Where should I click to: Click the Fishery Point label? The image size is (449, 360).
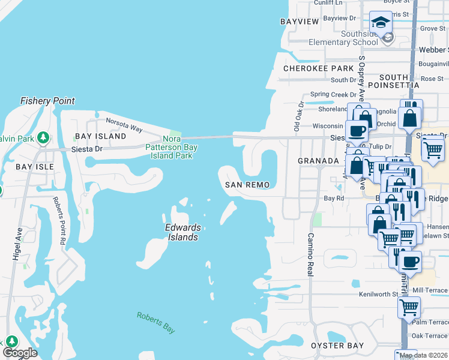pos(47,101)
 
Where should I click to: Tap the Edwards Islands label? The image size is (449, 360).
pos(182,232)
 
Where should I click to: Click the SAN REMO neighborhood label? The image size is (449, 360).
pos(247,185)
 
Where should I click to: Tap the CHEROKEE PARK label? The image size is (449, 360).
pos(318,68)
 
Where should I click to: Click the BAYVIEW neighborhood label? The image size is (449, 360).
pos(300,22)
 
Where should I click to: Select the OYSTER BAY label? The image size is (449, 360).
pos(337,346)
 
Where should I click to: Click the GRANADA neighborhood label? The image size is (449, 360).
pos(319,161)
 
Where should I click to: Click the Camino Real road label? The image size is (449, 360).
pos(311,254)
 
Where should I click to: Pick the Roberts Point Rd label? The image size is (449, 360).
pos(58,220)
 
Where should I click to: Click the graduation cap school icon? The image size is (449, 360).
pos(380,23)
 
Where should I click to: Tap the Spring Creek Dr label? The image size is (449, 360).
pos(333,95)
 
